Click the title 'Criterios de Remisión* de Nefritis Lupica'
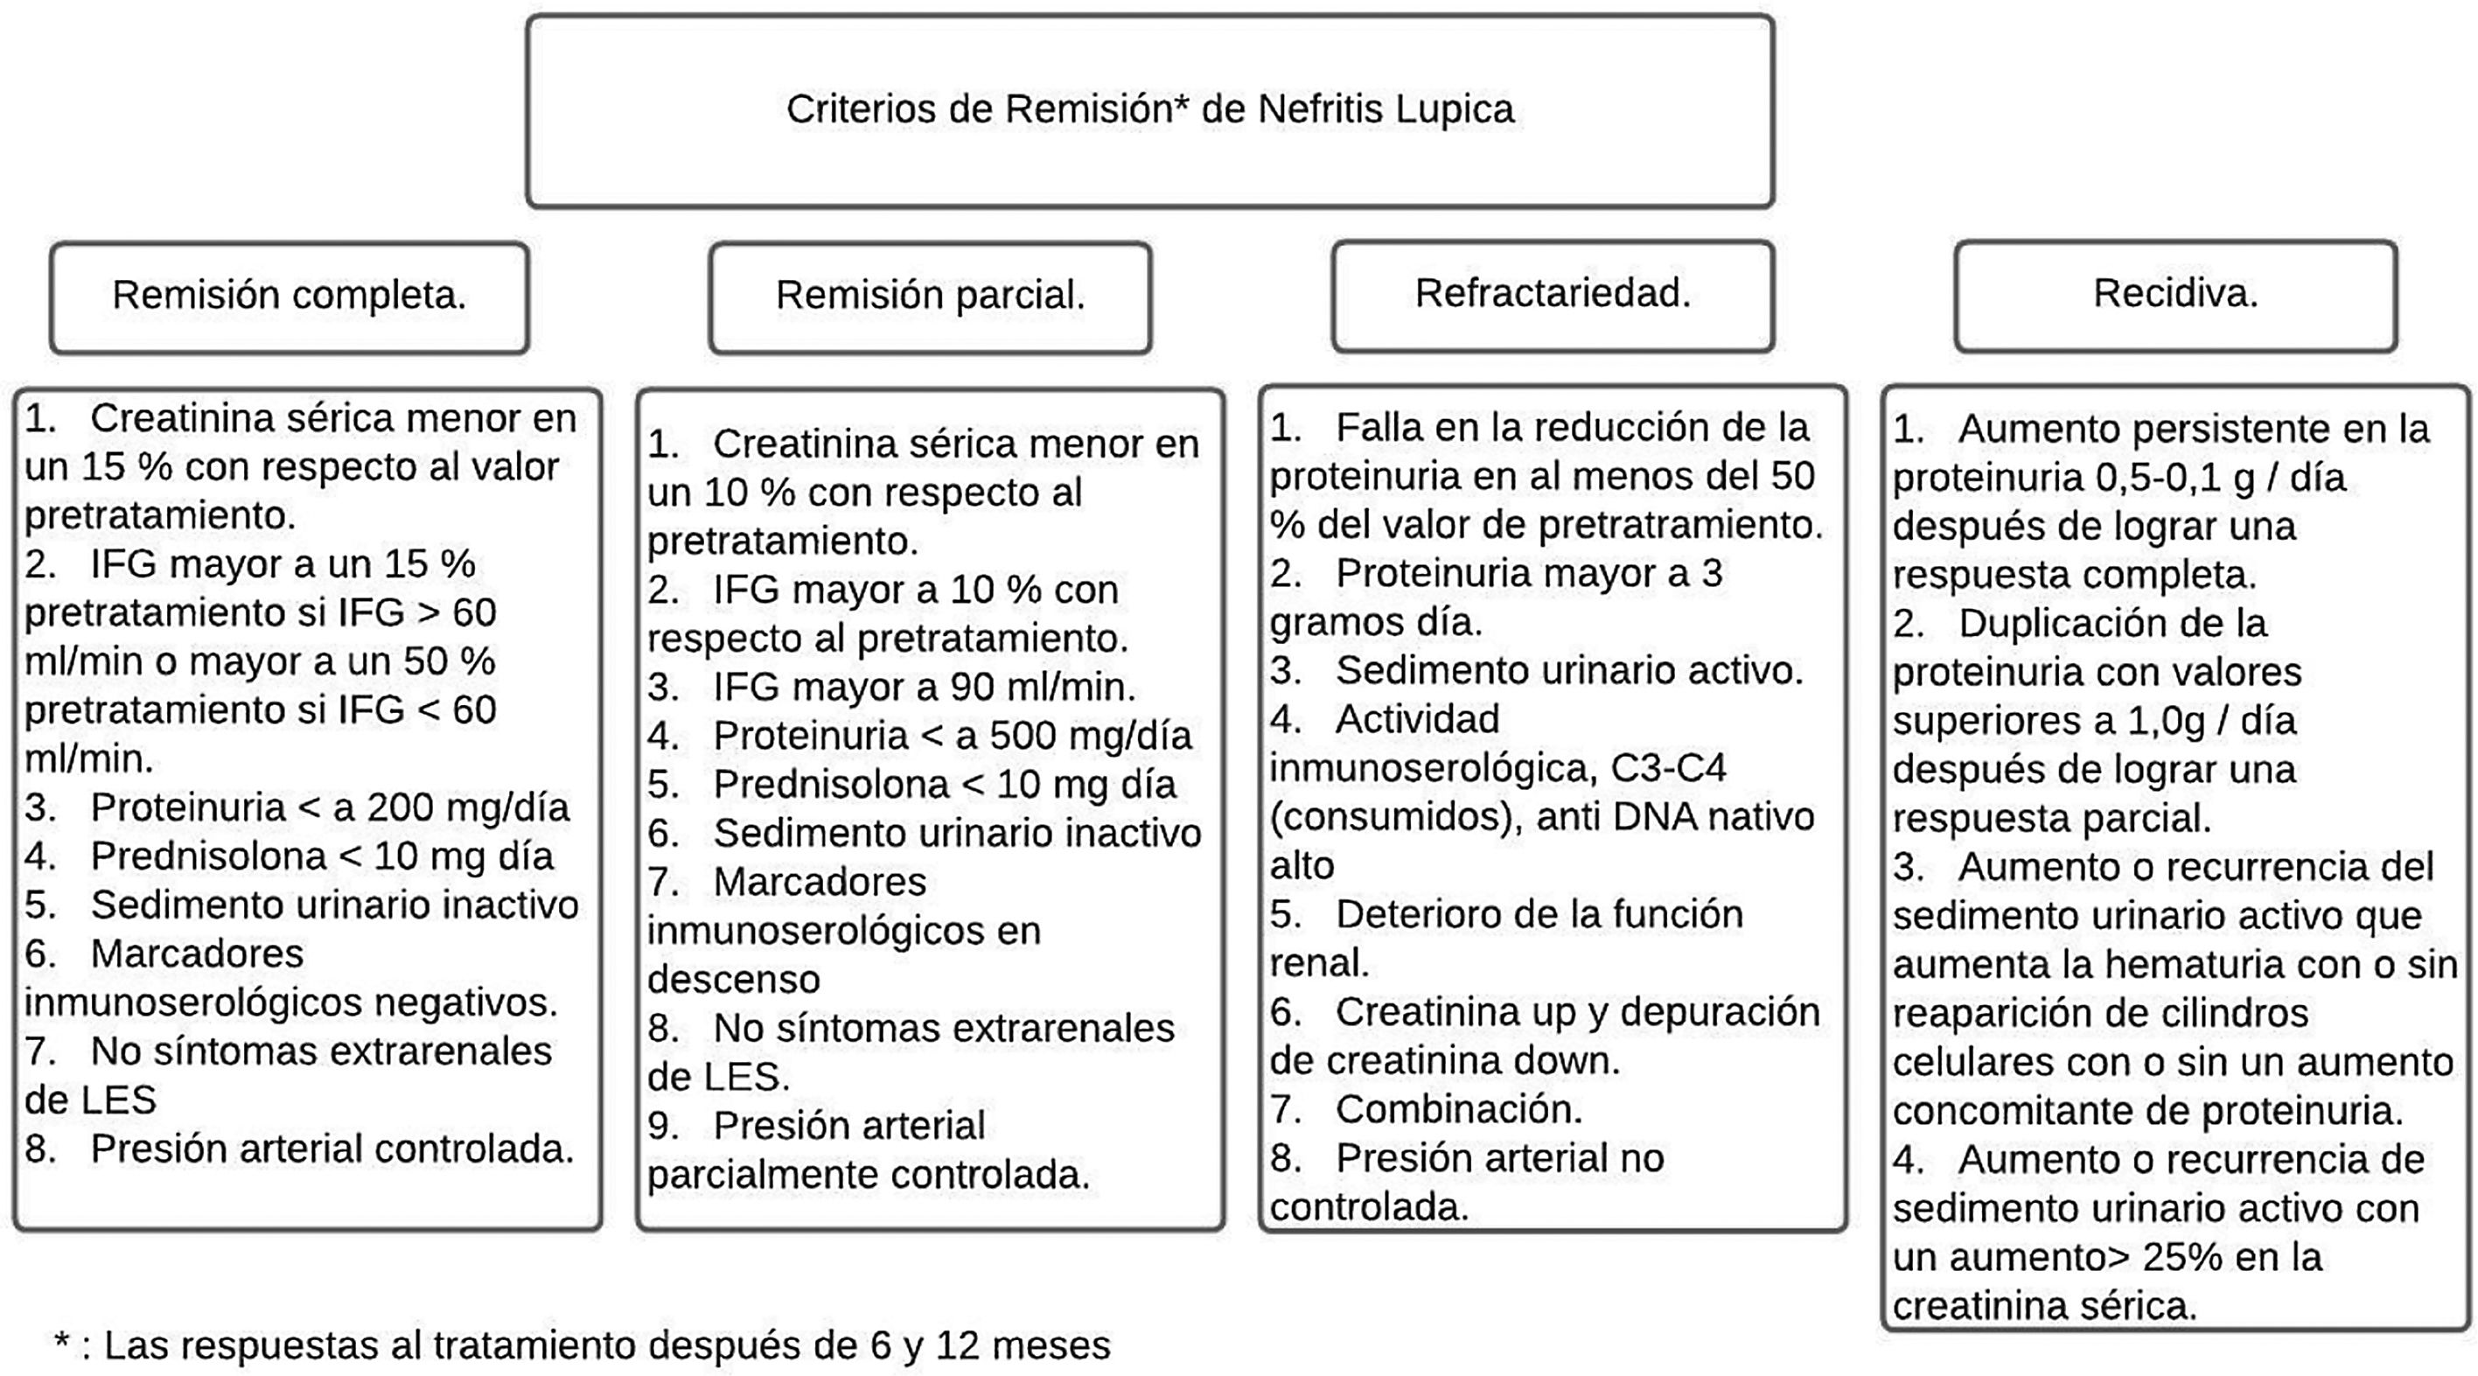[1149, 109]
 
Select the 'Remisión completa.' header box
[289, 296]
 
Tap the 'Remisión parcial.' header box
[930, 296]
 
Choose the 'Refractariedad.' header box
[1553, 294]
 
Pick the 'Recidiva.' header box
[2175, 294]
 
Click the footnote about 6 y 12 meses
[583, 1345]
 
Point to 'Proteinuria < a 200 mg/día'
[330, 807]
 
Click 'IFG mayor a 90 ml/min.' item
[924, 687]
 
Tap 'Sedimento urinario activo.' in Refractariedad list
[1569, 671]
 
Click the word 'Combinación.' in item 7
[1458, 1109]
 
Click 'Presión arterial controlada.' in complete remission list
[332, 1149]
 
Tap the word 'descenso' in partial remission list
[733, 980]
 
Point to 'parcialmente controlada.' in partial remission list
[868, 1175]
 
